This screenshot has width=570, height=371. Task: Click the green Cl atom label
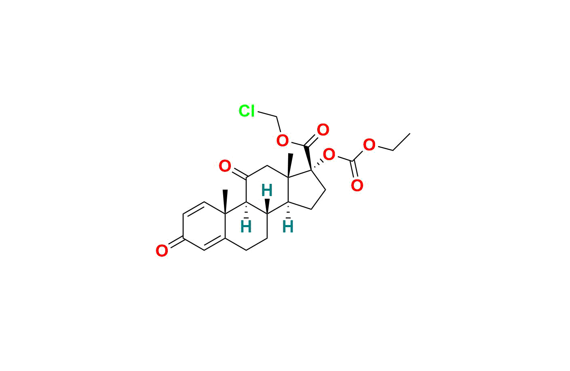[x=247, y=111]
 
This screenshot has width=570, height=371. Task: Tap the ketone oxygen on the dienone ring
[x=162, y=251]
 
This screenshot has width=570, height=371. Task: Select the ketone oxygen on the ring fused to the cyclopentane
[x=225, y=166]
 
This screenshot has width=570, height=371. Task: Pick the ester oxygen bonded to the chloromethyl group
[x=283, y=141]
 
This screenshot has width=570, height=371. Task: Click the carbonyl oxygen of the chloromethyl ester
[x=323, y=130]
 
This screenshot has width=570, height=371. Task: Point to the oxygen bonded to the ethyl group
[x=369, y=145]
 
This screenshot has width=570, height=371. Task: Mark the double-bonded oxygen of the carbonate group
[x=357, y=185]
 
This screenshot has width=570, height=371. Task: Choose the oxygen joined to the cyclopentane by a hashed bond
[x=329, y=154]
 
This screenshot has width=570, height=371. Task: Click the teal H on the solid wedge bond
[x=267, y=190]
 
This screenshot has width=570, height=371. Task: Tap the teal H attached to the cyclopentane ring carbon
[x=288, y=227]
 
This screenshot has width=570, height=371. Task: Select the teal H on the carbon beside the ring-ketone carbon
[x=246, y=227]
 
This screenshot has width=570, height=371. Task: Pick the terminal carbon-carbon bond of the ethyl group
[x=401, y=142]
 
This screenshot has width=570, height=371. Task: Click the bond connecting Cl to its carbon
[x=267, y=114]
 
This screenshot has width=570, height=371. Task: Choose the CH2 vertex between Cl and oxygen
[x=277, y=117]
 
